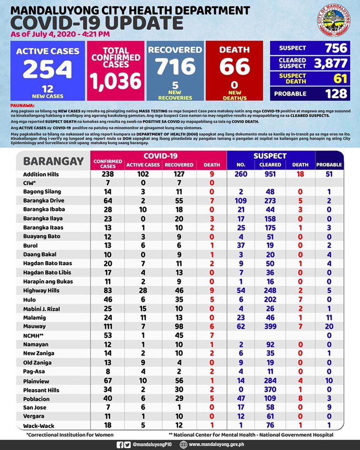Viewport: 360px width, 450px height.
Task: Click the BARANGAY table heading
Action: pyautogui.click(x=53, y=161)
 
